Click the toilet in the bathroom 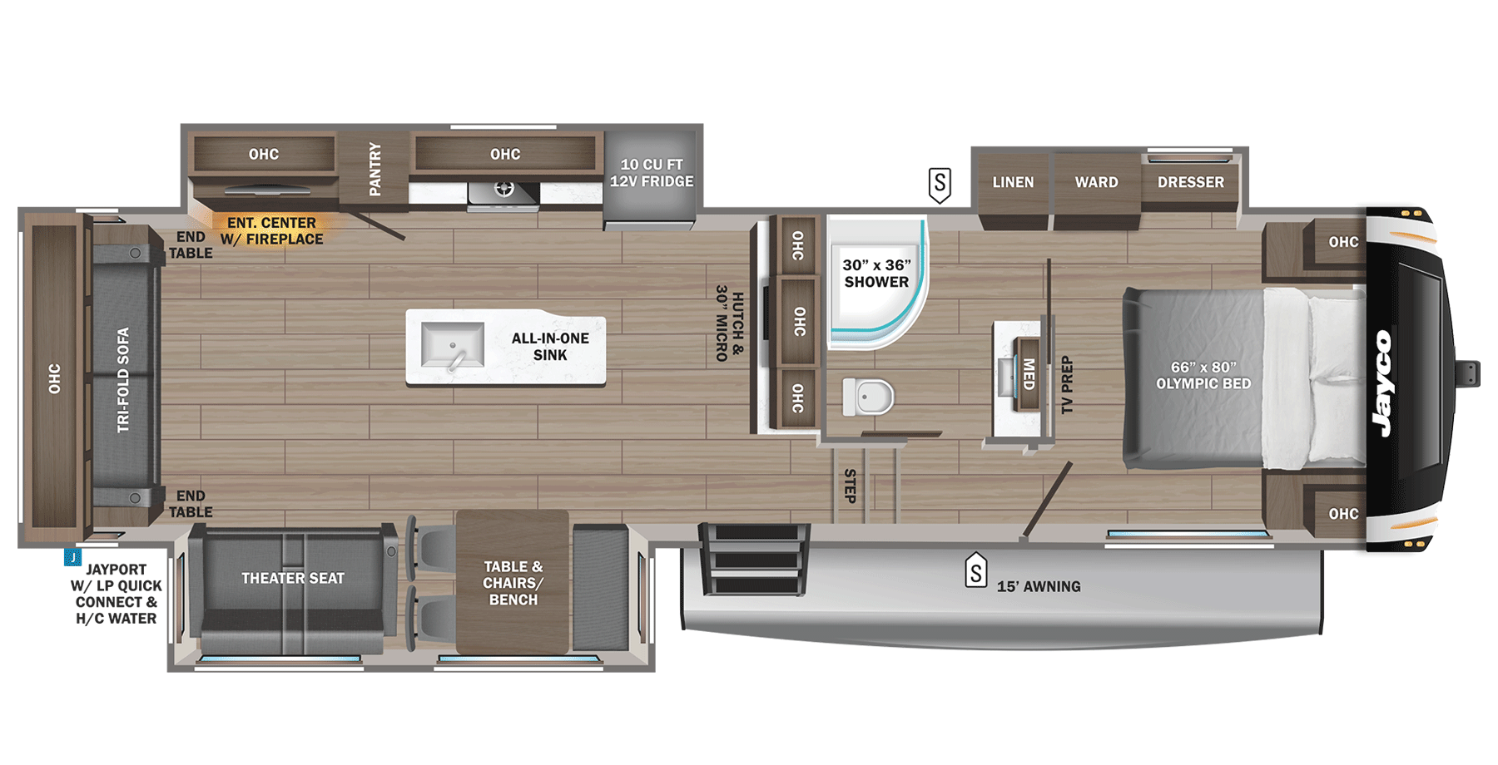pyautogui.click(x=869, y=397)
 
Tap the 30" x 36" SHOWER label pyautogui.click(x=876, y=274)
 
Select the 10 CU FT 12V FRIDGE pyautogui.click(x=652, y=173)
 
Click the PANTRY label pyautogui.click(x=374, y=170)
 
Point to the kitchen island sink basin pyautogui.click(x=452, y=344)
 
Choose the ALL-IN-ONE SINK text pyautogui.click(x=550, y=347)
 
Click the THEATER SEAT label pyautogui.click(x=293, y=578)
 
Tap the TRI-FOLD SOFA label pyautogui.click(x=123, y=380)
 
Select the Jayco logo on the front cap pyautogui.click(x=1384, y=382)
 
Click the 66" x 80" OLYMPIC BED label pyautogui.click(x=1203, y=375)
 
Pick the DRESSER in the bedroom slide pyautogui.click(x=1190, y=182)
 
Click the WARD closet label pyautogui.click(x=1096, y=182)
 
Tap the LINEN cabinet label pyautogui.click(x=1013, y=182)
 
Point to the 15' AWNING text pyautogui.click(x=1039, y=586)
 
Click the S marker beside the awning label pyautogui.click(x=975, y=571)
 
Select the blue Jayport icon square pyautogui.click(x=72, y=557)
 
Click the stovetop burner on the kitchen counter pyautogui.click(x=503, y=190)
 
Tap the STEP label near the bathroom pyautogui.click(x=850, y=486)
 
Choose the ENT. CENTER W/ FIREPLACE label pyautogui.click(x=271, y=231)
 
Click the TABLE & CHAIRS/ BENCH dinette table pyautogui.click(x=513, y=582)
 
